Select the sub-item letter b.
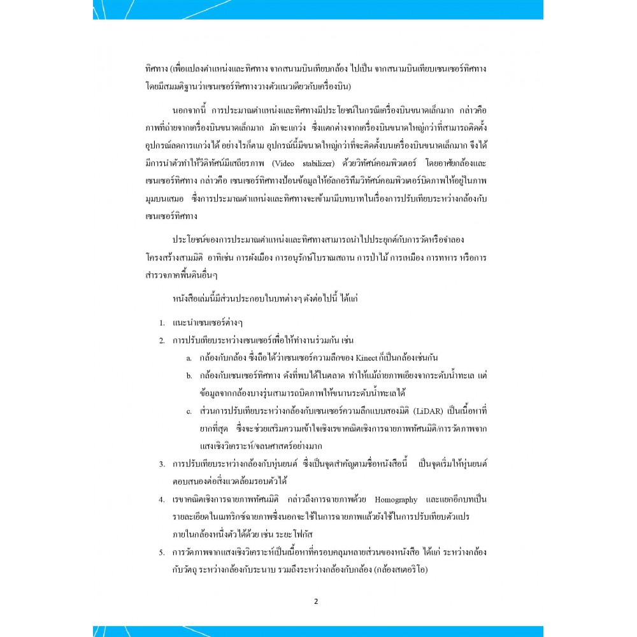[x=189, y=376]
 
